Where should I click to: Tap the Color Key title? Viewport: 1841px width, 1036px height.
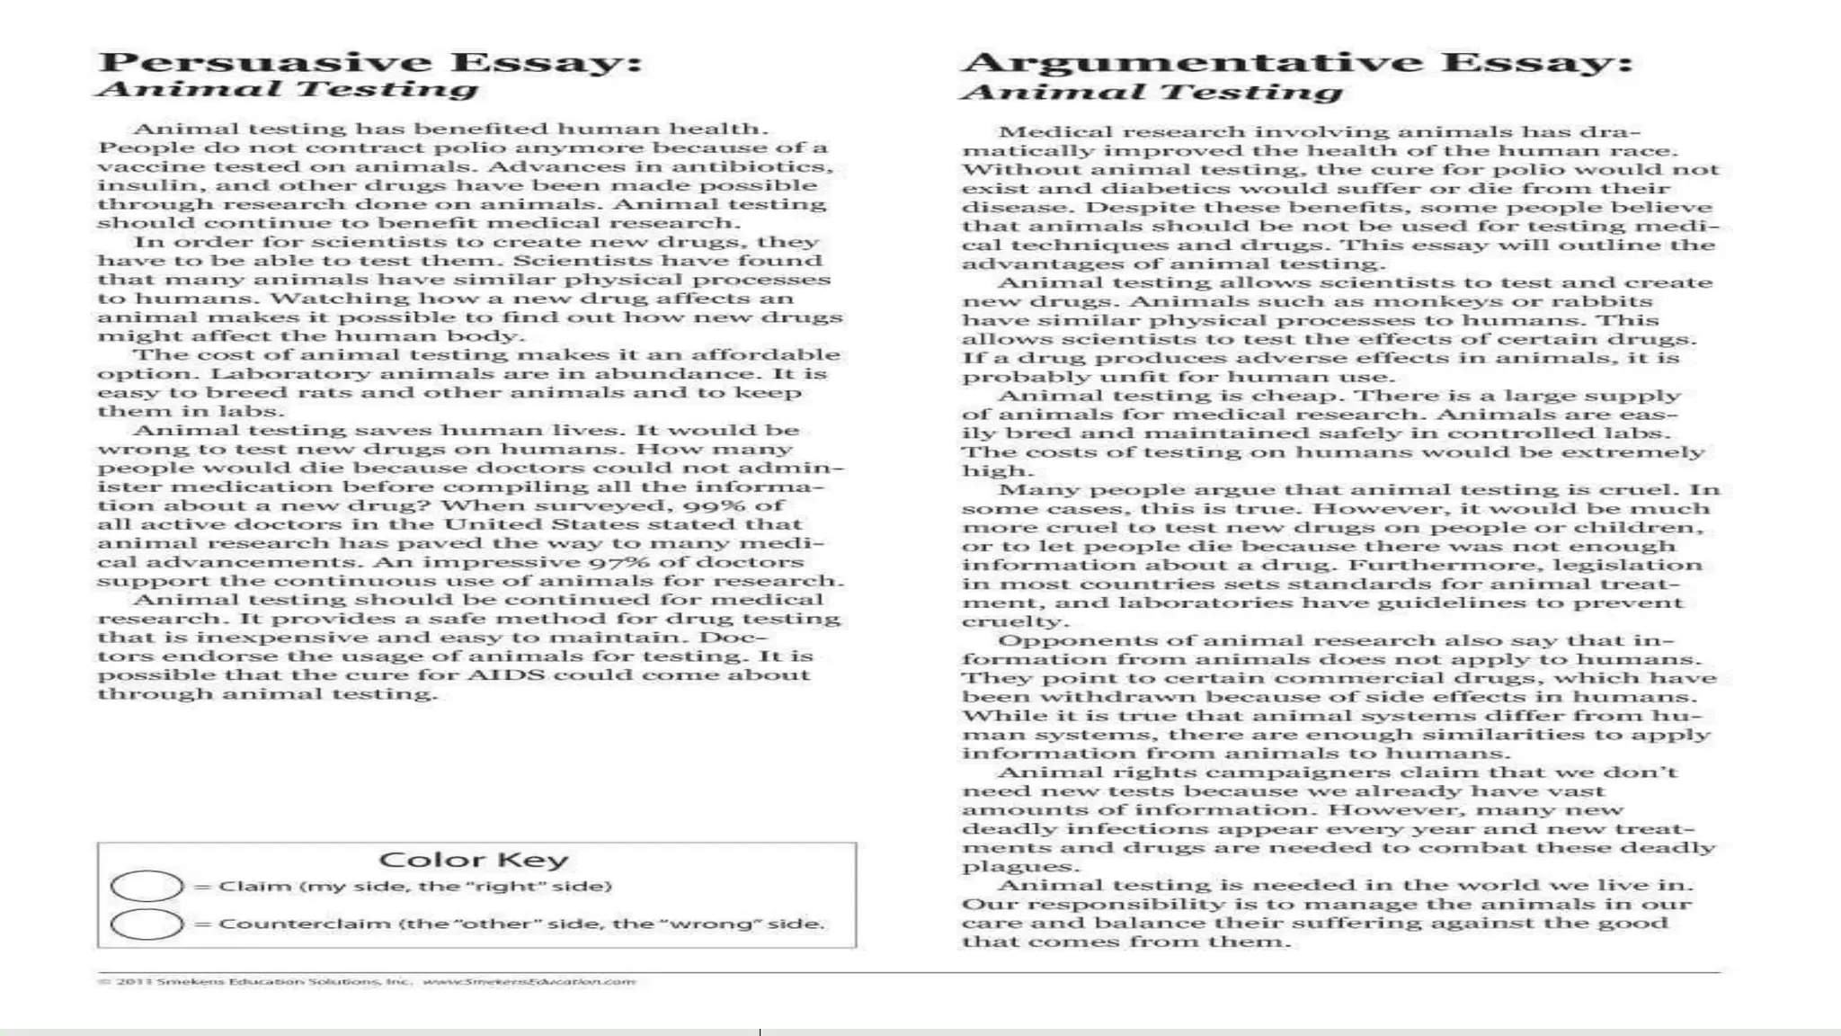click(473, 860)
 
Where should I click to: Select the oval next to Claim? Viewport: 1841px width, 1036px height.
click(147, 887)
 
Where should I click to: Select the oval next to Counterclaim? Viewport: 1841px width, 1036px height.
click(147, 924)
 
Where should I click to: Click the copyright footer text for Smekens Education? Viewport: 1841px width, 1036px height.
click(367, 981)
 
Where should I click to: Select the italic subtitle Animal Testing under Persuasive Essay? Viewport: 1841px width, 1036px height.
click(288, 90)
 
